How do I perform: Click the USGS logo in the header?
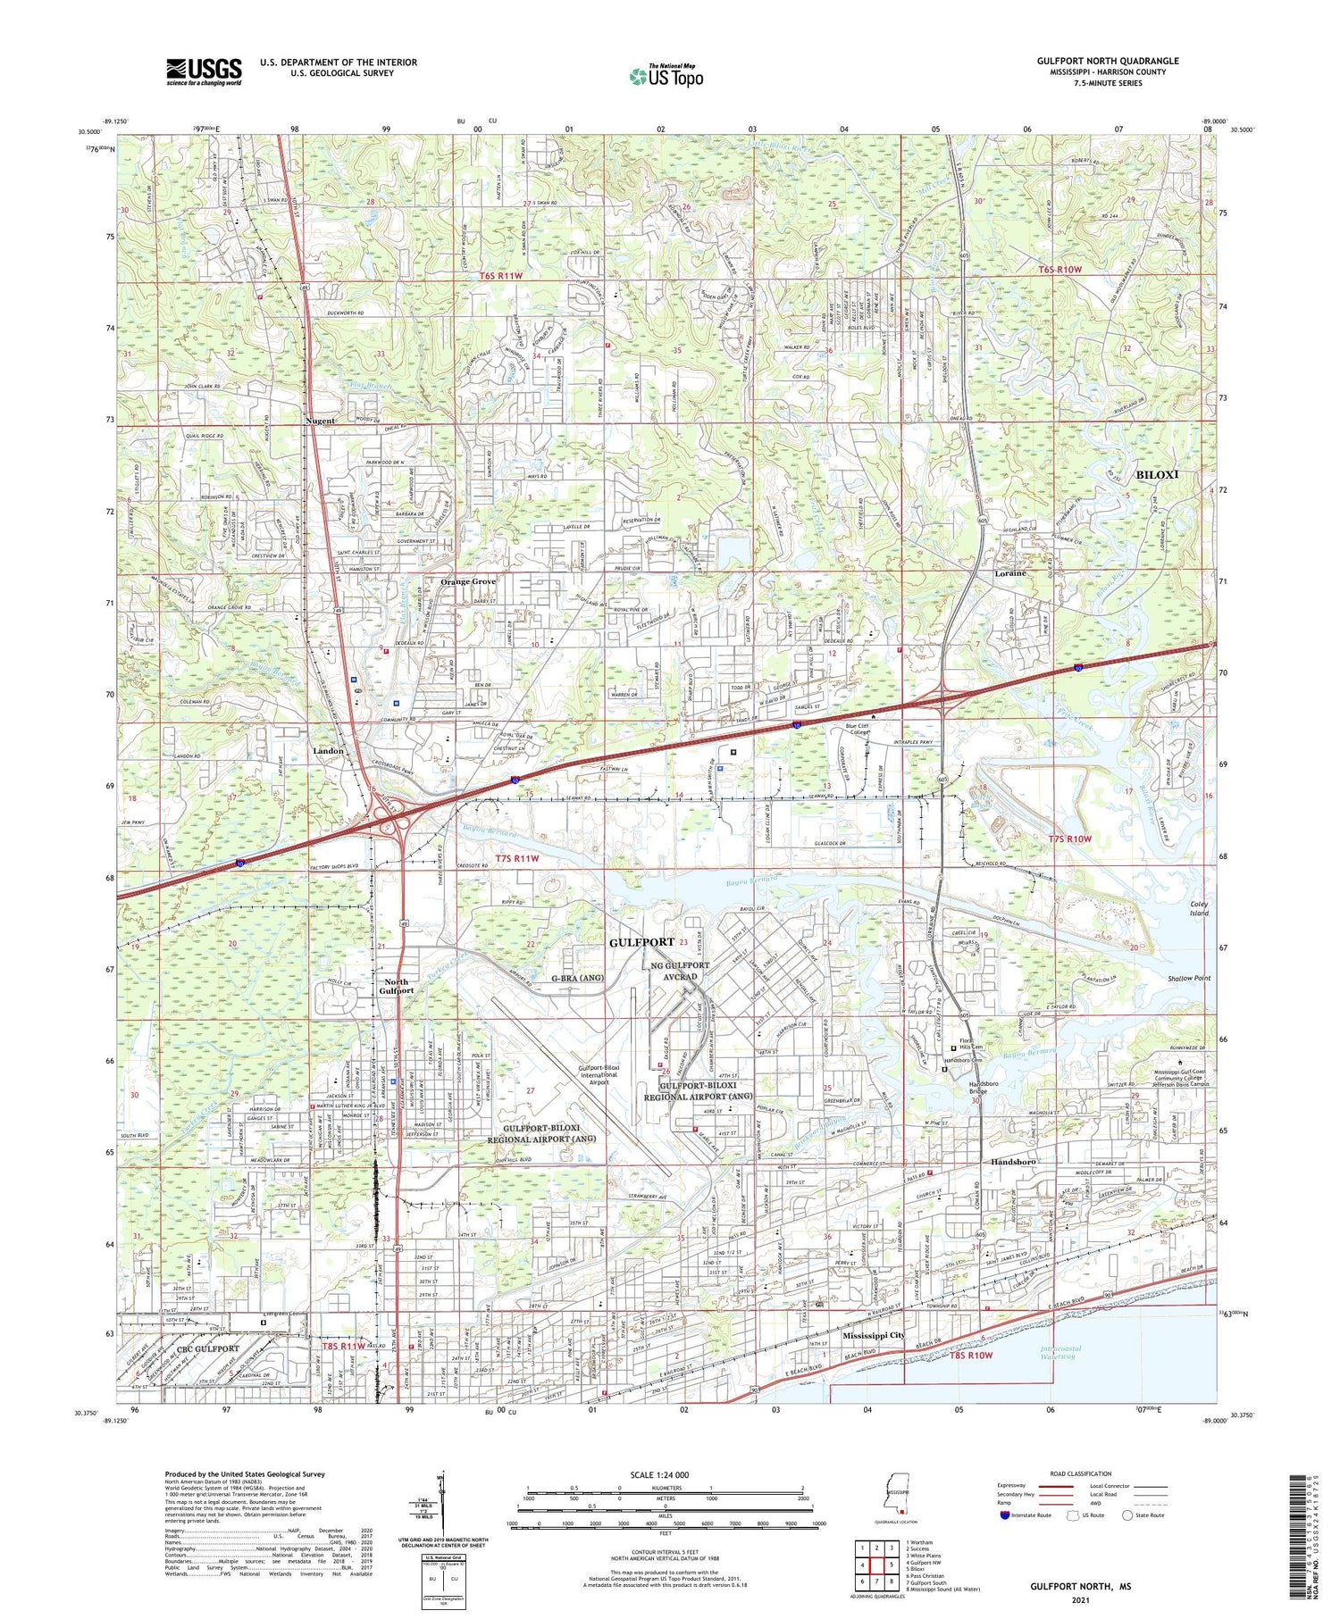(204, 71)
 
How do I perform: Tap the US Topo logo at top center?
(666, 77)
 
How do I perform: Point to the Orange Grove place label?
(467, 581)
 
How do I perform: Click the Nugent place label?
(320, 421)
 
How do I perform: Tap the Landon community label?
(328, 751)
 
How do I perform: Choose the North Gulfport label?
(396, 986)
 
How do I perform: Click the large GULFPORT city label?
(641, 943)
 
